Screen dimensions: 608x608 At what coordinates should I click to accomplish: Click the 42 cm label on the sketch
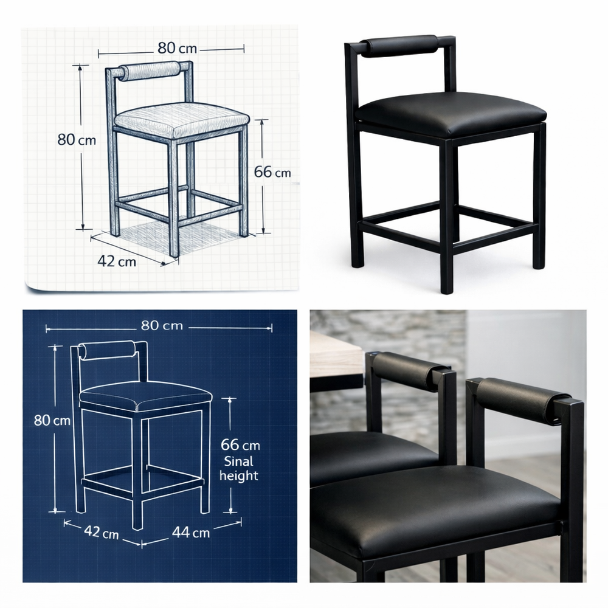click(117, 261)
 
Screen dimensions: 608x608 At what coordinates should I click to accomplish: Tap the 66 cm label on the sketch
click(272, 171)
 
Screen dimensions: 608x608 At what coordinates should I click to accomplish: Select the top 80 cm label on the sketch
click(177, 48)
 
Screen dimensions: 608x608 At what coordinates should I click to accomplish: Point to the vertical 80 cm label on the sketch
click(77, 139)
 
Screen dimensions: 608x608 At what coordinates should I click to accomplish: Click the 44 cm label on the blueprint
click(191, 532)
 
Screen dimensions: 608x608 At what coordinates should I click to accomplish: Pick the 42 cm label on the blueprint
click(101, 531)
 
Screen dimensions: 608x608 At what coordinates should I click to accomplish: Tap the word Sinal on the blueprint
click(238, 461)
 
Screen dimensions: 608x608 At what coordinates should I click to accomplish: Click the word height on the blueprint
click(238, 475)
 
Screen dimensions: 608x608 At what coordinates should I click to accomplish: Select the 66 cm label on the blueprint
click(240, 444)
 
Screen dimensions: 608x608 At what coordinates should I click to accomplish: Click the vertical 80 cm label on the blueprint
click(52, 420)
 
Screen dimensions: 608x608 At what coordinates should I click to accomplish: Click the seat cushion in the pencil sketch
click(181, 119)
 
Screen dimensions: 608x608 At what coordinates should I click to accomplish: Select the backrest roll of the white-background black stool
click(399, 46)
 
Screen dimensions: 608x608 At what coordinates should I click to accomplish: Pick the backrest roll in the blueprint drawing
click(108, 350)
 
